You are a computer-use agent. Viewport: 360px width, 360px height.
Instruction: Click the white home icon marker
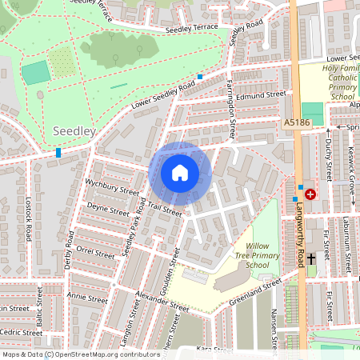click(180, 173)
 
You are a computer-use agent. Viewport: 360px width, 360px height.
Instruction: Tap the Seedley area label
click(74, 130)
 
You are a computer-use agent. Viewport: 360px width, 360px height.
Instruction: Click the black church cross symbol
click(311, 260)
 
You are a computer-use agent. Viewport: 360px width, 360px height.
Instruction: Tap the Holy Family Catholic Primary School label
click(329, 82)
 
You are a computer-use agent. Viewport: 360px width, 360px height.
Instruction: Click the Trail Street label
click(165, 210)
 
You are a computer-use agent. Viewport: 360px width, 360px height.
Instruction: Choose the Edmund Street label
click(260, 94)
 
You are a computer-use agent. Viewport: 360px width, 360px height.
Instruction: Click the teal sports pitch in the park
click(35, 73)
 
